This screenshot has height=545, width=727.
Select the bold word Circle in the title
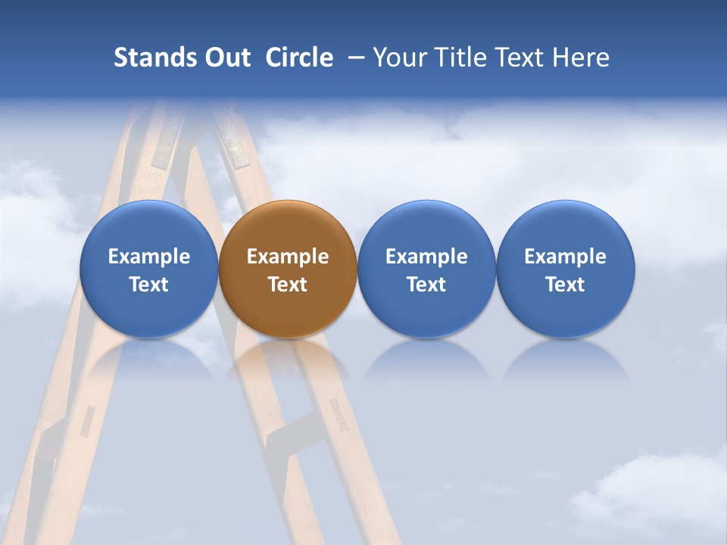299,58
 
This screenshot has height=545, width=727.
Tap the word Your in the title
399,58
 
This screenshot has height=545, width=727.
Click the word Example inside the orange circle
288,257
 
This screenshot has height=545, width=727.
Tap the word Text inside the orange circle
288,285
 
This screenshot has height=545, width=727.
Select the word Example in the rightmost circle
565,257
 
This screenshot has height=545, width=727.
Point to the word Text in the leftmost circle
148,285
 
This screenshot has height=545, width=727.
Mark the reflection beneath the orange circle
288,359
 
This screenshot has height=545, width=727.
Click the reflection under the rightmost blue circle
565,360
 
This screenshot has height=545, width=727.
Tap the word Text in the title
522,58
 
